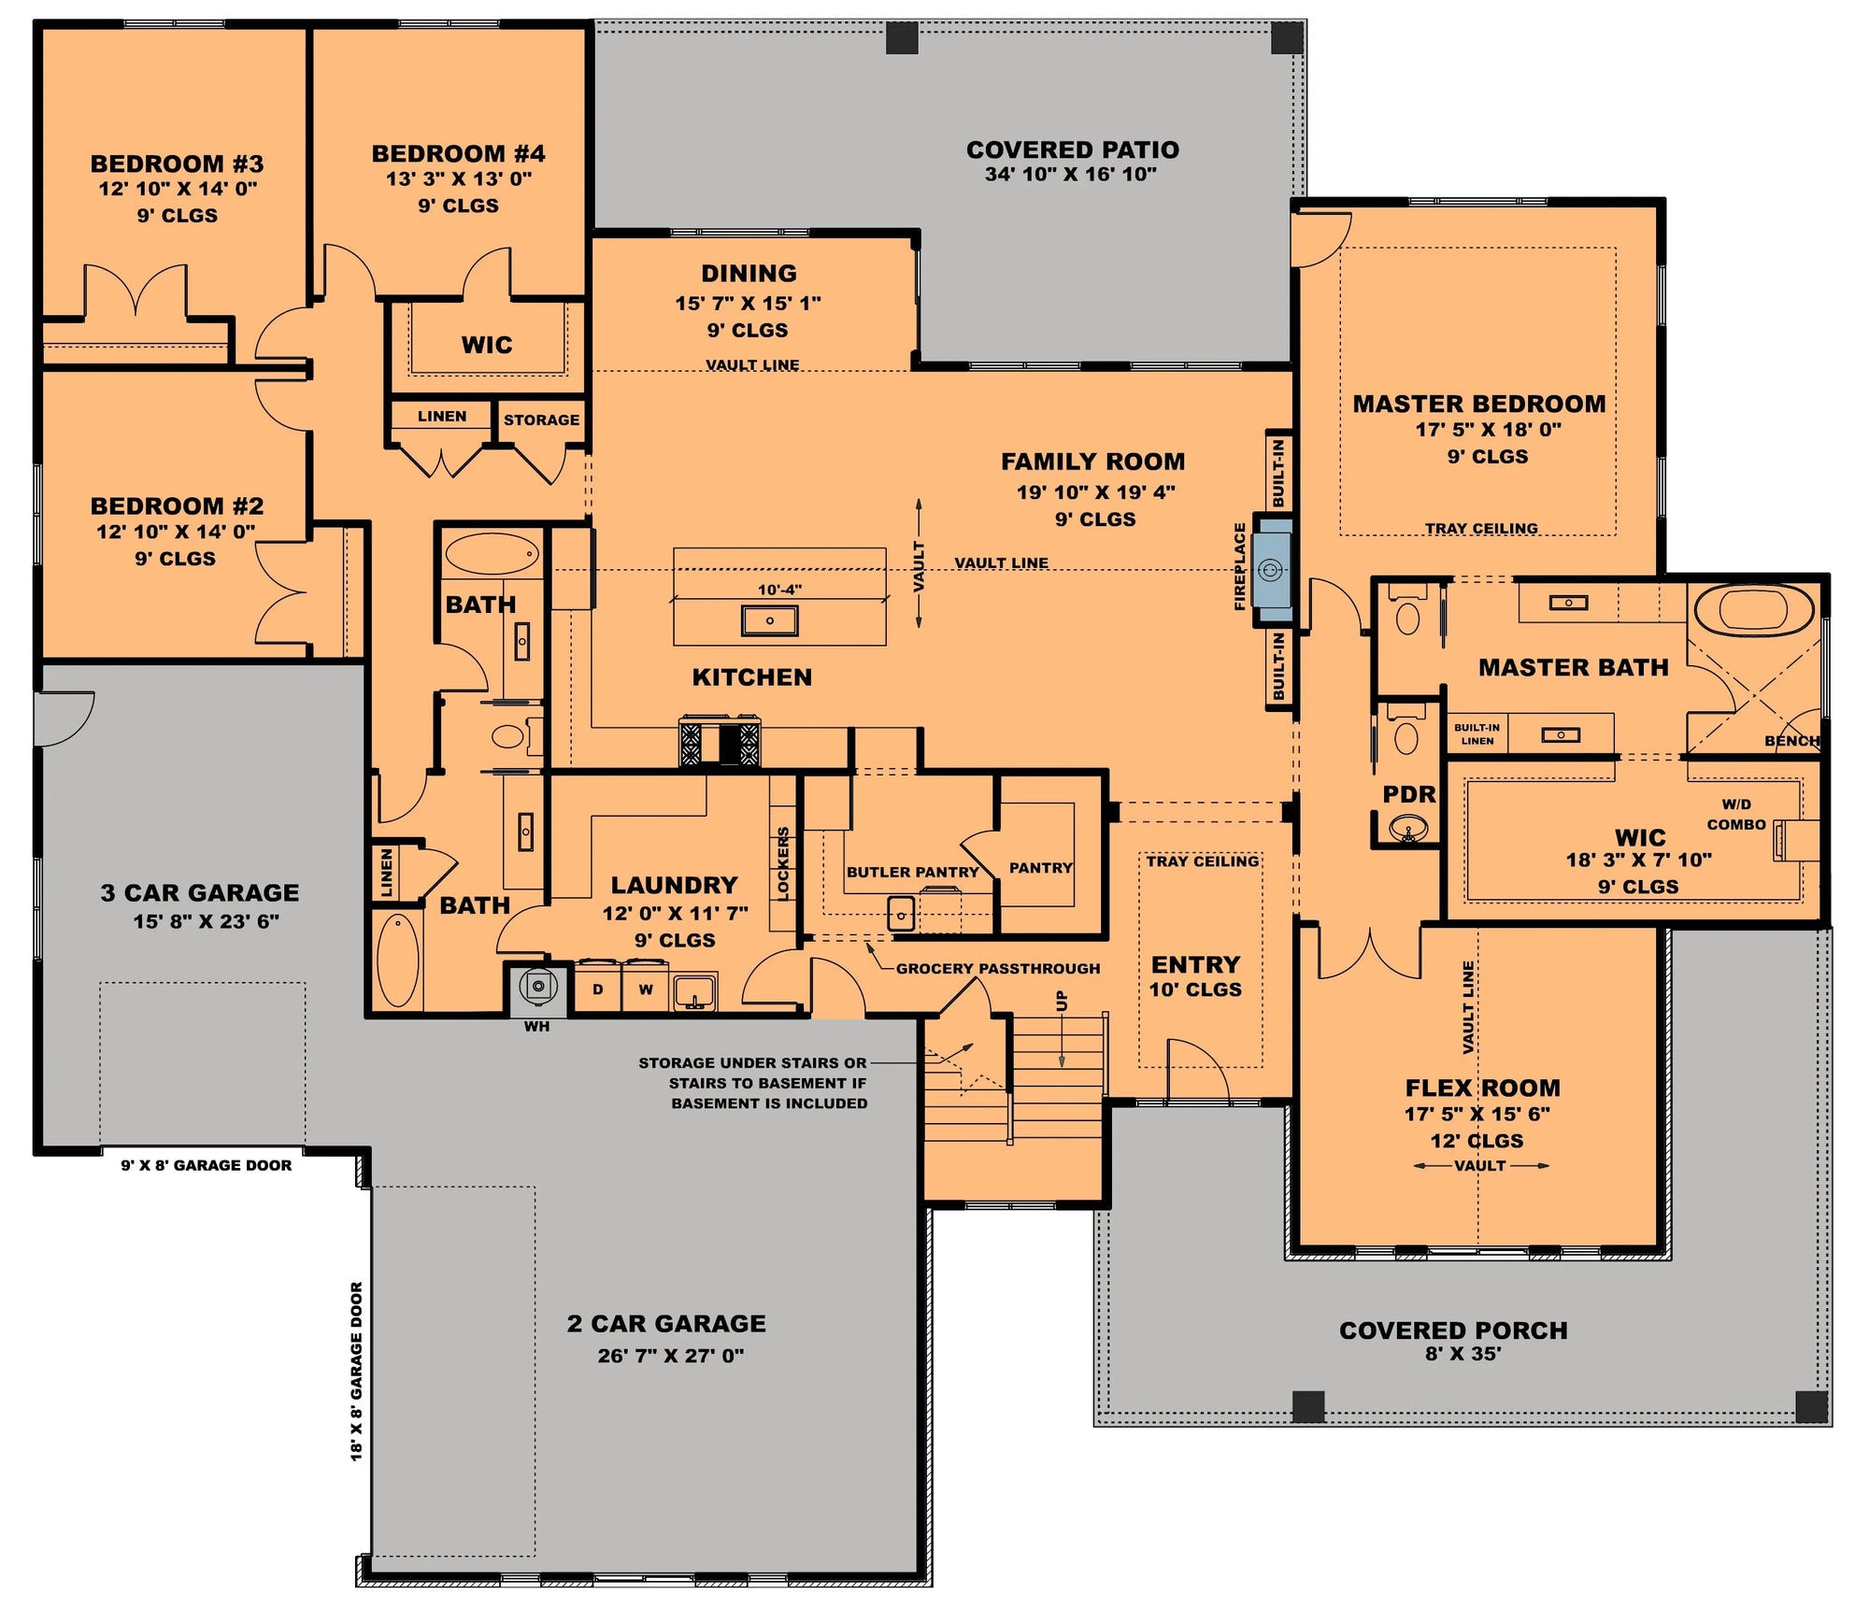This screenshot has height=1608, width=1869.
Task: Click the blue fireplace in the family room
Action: coord(1272,569)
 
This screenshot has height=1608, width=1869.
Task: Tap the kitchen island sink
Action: coord(769,620)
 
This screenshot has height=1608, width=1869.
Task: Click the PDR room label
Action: coord(1408,794)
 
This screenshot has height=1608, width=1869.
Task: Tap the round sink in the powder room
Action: coord(1407,828)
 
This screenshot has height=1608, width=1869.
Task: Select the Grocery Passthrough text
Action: coord(997,969)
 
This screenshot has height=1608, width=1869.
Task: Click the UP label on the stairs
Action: coord(1062,1001)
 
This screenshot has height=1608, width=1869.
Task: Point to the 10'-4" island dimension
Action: coord(779,590)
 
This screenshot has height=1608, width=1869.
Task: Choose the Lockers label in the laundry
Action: coord(783,863)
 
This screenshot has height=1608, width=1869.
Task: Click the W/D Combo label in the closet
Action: coord(1736,815)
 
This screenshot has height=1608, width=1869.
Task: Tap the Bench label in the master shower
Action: coord(1791,741)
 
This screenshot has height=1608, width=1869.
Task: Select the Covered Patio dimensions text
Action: coord(1070,174)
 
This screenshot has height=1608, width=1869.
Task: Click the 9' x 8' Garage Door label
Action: coord(206,1165)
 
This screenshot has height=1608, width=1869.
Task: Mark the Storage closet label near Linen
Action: coord(541,420)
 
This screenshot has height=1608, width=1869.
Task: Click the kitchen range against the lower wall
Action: coord(720,744)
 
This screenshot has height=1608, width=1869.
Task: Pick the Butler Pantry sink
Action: coord(901,914)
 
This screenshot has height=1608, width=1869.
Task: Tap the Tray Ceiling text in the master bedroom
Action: coord(1480,529)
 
